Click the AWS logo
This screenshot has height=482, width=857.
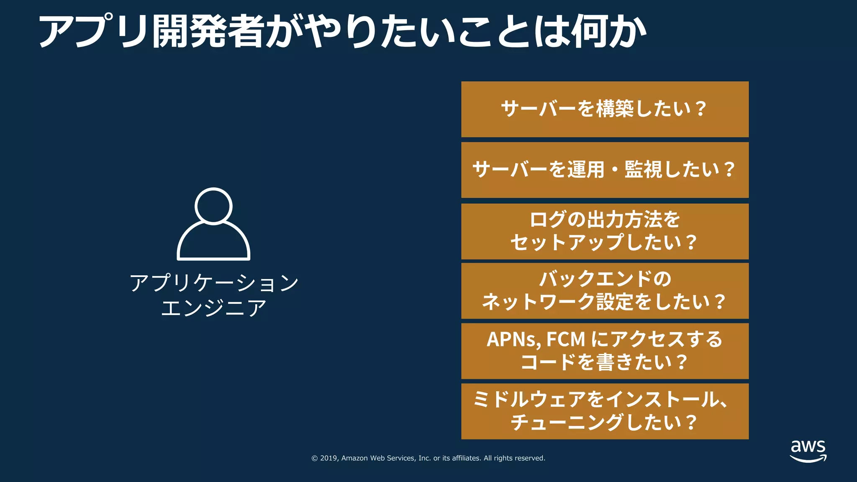(808, 451)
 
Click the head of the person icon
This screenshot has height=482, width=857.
(213, 206)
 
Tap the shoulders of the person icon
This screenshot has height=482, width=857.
(213, 243)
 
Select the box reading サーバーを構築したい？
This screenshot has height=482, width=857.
(605, 109)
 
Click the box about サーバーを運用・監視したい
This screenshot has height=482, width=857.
(605, 170)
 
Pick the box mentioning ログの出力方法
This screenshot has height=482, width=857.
(605, 231)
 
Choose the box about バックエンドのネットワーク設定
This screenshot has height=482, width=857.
(605, 291)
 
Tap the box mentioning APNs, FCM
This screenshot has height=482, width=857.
(605, 351)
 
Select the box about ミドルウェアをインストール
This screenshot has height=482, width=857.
(605, 411)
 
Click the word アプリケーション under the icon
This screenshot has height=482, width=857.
(214, 283)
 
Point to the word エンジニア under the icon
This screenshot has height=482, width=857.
(214, 308)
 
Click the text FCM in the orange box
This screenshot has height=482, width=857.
(565, 339)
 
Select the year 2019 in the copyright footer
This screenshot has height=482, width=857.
(329, 458)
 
